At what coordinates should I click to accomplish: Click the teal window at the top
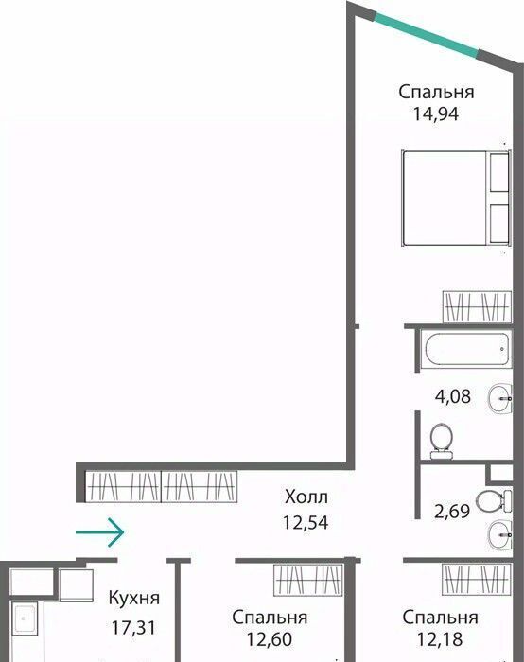coord(427,36)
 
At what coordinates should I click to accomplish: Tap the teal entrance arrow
coord(99,532)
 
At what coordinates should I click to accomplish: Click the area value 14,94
coord(436,114)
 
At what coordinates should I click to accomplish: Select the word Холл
coord(306,496)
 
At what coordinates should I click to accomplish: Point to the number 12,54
coord(306,523)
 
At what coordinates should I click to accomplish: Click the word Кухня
coord(134,599)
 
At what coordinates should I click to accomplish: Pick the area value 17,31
coord(133,628)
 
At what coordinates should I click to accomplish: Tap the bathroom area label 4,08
coord(453,396)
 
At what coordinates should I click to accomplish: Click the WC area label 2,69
coord(452,512)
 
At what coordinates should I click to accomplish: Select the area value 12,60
coord(270,639)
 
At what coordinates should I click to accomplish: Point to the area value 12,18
coord(440,639)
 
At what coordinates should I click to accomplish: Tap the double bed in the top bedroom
coord(456,198)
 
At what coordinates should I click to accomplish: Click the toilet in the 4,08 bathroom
coord(442,441)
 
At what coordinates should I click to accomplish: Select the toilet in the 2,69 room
coord(494,501)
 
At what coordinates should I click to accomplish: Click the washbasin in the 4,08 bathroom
coord(500,398)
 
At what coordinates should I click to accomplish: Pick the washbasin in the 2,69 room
coord(500,535)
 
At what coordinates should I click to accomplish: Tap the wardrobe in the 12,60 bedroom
coord(307,581)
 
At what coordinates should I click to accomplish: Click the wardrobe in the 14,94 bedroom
coord(477,307)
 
